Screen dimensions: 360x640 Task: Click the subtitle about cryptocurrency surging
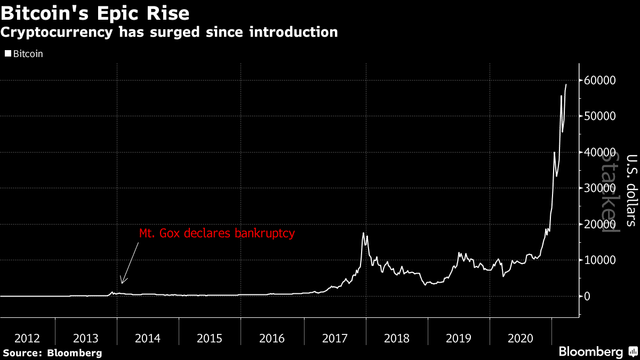point(169,33)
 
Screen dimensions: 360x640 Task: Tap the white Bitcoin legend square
point(7,54)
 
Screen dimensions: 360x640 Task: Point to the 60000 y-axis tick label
point(602,81)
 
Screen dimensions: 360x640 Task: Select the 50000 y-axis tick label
point(602,116)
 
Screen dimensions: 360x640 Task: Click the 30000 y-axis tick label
point(602,188)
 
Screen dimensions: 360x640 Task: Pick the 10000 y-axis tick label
point(602,260)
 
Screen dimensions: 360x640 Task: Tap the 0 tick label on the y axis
point(587,297)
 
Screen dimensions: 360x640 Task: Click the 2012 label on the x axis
point(27,338)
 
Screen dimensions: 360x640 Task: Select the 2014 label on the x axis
point(148,338)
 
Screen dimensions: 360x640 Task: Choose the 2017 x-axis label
point(335,338)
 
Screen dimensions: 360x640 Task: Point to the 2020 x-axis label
point(521,338)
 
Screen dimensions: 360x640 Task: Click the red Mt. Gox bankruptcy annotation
point(217,234)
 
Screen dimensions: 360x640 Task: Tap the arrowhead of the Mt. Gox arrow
point(122,283)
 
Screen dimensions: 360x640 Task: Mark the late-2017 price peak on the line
point(363,233)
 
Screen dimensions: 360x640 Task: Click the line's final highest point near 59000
point(566,84)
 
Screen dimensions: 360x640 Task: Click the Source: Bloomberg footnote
point(52,353)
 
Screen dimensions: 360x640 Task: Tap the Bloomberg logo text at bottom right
point(590,352)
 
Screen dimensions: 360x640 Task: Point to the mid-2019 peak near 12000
point(459,253)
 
